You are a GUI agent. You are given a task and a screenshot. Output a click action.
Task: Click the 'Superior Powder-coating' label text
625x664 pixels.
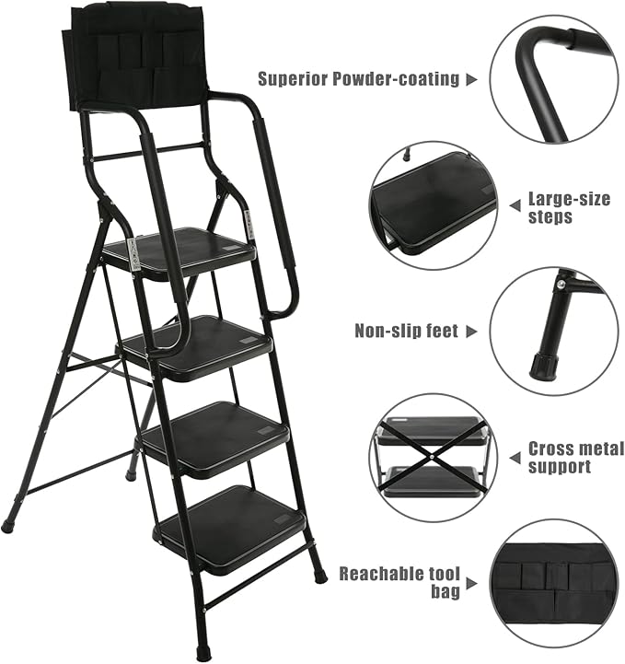[x=358, y=79]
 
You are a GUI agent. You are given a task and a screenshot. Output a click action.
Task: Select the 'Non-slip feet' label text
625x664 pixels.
[x=406, y=331]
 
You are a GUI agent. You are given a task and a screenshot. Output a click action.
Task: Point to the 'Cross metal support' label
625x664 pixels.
[x=575, y=458]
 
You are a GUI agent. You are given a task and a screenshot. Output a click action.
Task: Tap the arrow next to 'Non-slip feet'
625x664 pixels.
[x=470, y=331]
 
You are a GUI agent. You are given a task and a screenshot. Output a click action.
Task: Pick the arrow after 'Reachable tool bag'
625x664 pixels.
[x=470, y=582]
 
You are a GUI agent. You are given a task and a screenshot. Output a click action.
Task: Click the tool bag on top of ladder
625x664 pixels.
[x=135, y=54]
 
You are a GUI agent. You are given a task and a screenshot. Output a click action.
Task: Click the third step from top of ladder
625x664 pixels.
[x=217, y=433]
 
